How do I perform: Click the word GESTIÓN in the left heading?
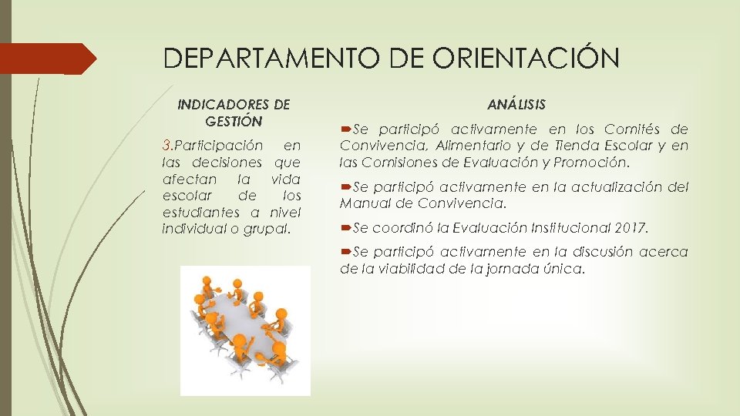pyautogui.click(x=234, y=121)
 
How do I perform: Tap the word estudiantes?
pyautogui.click(x=203, y=213)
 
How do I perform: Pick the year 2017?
pyautogui.click(x=631, y=228)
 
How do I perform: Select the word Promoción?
pyautogui.click(x=597, y=163)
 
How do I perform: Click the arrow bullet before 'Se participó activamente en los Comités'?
pyautogui.click(x=345, y=129)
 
